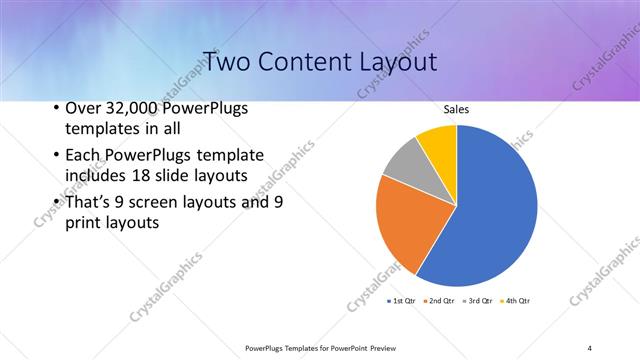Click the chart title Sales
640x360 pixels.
tap(456, 109)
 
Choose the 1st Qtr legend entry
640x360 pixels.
tap(401, 300)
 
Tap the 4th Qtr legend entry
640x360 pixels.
tap(517, 300)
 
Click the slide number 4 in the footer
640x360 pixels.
tap(589, 348)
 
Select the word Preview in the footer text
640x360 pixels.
tap(382, 348)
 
